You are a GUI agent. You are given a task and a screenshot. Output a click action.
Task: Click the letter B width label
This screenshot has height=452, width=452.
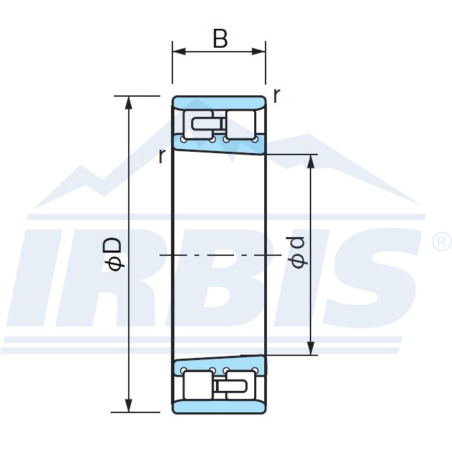point(220,38)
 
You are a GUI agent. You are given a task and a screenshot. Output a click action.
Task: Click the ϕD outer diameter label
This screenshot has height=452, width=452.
point(113,254)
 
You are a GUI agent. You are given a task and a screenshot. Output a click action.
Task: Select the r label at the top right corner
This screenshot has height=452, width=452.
point(276,95)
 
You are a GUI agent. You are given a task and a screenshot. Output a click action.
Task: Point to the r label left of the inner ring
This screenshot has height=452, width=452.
point(162,156)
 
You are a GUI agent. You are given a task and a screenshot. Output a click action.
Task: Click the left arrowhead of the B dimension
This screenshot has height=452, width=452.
point(179,52)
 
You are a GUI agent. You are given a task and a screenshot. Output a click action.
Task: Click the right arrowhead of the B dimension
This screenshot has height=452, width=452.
point(259,52)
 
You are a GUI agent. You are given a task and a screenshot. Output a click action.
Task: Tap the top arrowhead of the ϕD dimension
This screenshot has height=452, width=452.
point(129,103)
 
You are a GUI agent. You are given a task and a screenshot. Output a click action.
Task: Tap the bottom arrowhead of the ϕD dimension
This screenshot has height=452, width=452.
point(129,406)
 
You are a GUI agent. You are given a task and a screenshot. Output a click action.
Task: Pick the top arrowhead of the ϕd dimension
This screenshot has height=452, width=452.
point(310,161)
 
